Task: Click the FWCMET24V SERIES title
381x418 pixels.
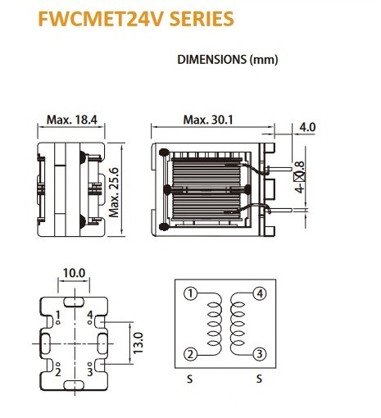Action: point(136,19)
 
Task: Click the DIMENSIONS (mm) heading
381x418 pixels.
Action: point(228,60)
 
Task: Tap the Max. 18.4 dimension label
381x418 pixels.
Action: point(72,120)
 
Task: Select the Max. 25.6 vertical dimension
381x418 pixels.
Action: point(114,193)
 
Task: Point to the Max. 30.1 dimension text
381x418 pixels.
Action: point(208,120)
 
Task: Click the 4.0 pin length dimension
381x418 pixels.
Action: point(307,127)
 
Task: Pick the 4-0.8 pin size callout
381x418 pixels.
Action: point(300,177)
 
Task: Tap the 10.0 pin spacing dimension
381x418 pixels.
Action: point(74,273)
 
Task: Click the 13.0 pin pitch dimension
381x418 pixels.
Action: point(138,343)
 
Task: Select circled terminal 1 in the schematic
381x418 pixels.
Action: point(190,293)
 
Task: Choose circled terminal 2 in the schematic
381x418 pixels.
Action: point(190,354)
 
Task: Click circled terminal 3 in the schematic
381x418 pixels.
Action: point(260,354)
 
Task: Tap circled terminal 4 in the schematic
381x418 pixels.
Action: point(260,293)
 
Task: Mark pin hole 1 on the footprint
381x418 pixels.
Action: point(57,323)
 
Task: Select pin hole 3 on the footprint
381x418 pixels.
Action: point(90,364)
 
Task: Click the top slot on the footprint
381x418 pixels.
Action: point(74,302)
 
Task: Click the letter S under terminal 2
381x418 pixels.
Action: point(190,379)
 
